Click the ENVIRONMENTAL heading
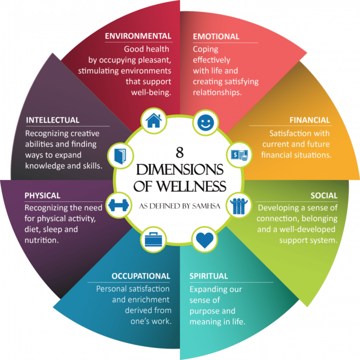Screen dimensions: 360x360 [138, 36]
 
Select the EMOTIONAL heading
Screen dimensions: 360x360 [216, 36]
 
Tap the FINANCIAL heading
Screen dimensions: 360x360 [309, 120]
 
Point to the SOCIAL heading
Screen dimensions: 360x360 [323, 195]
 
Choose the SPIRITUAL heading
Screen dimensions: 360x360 [208, 276]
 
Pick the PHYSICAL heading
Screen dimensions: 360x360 [43, 195]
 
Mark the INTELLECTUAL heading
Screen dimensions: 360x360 [52, 120]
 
